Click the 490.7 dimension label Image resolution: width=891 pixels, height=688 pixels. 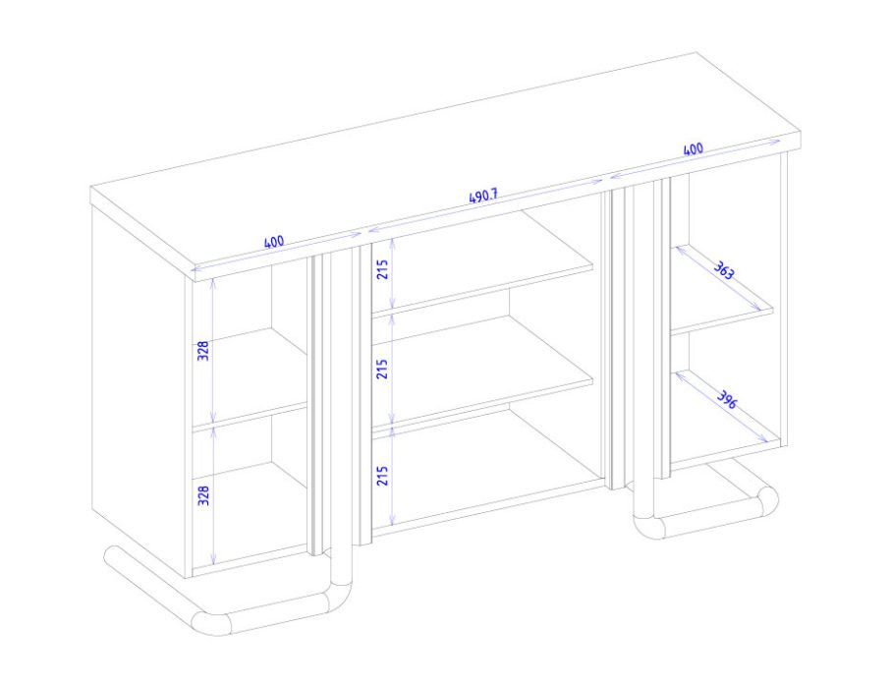click(x=483, y=197)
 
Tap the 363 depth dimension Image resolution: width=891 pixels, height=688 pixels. click(x=724, y=270)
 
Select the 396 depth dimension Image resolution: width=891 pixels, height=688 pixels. click(x=726, y=400)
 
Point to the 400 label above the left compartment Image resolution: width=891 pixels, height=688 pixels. click(x=274, y=242)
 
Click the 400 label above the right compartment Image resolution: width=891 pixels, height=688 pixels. click(x=694, y=149)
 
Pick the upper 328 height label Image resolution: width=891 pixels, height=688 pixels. click(x=204, y=350)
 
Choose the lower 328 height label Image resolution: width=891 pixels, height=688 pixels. click(x=204, y=495)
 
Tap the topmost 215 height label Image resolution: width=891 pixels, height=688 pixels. click(x=383, y=269)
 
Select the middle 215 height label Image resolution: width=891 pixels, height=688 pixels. click(x=383, y=369)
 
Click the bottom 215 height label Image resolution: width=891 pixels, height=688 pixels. click(x=383, y=476)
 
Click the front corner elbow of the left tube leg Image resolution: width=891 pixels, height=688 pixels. click(x=210, y=623)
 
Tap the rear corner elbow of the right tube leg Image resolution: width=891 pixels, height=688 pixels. click(x=767, y=499)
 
